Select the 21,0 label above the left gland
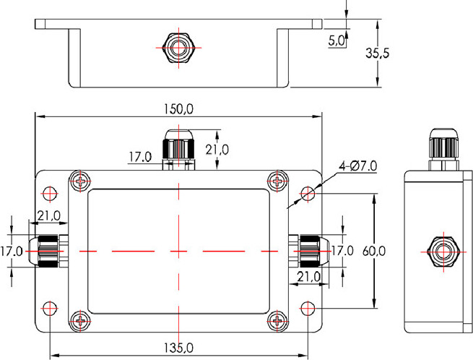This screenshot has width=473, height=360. [48, 215]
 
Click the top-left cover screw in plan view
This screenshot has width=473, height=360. [80, 181]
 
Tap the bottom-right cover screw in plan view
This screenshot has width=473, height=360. [279, 320]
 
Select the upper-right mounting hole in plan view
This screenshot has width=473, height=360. [308, 193]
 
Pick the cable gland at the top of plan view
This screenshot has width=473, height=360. [178, 148]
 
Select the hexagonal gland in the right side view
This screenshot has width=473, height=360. [441, 250]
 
